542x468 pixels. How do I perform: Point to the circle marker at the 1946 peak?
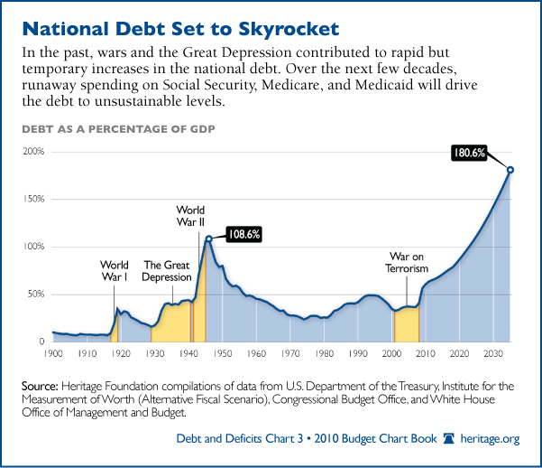(208, 239)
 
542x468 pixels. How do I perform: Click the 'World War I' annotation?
(115, 271)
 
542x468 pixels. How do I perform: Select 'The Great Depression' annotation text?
(167, 271)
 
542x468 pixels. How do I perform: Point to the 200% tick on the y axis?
(34, 151)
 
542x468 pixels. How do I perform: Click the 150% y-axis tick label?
(34, 199)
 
